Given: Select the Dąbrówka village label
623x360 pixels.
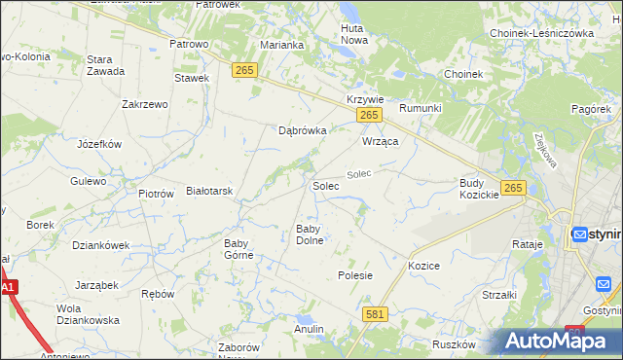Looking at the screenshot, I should (302, 129).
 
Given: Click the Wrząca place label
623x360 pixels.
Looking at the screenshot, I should (382, 141).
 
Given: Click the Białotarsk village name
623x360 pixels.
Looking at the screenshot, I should (209, 192).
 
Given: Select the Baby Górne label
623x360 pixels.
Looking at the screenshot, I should (238, 249).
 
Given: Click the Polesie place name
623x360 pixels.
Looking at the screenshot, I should (355, 275).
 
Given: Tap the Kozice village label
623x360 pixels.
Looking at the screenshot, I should (424, 266).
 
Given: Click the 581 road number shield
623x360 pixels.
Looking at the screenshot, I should (376, 314).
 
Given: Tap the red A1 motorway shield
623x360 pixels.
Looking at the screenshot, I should (9, 288).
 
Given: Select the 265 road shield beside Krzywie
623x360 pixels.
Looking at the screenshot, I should (367, 116).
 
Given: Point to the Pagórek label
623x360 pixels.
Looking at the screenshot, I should (591, 110).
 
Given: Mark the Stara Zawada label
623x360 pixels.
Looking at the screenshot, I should (105, 65).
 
